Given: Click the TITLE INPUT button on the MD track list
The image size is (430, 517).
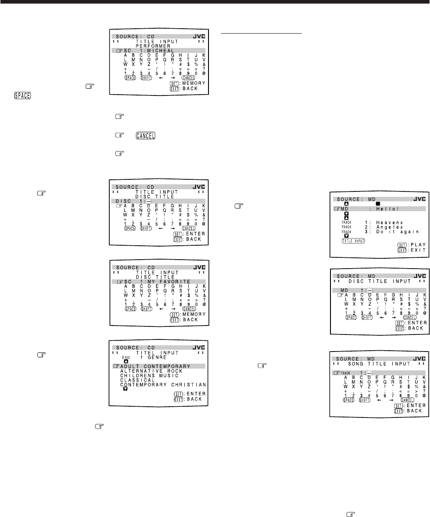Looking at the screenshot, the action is [353, 240].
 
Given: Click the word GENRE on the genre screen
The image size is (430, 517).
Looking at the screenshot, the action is [159, 357].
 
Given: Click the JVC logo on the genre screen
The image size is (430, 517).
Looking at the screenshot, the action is [198, 347].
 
